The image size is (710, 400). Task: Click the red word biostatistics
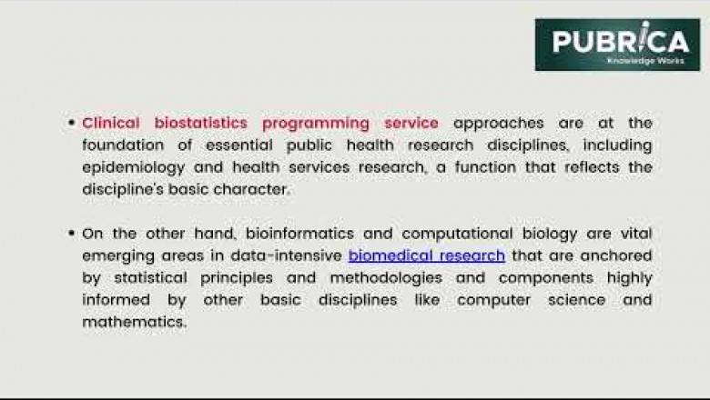click(x=200, y=123)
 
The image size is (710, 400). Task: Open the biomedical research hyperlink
click(x=426, y=256)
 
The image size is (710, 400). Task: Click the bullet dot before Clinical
click(x=71, y=123)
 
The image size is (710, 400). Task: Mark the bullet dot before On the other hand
click(x=71, y=234)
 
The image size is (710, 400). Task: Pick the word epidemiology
click(x=134, y=167)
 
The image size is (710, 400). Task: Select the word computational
click(x=462, y=234)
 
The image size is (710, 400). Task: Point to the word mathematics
click(x=134, y=323)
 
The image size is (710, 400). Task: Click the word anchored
click(x=616, y=256)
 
